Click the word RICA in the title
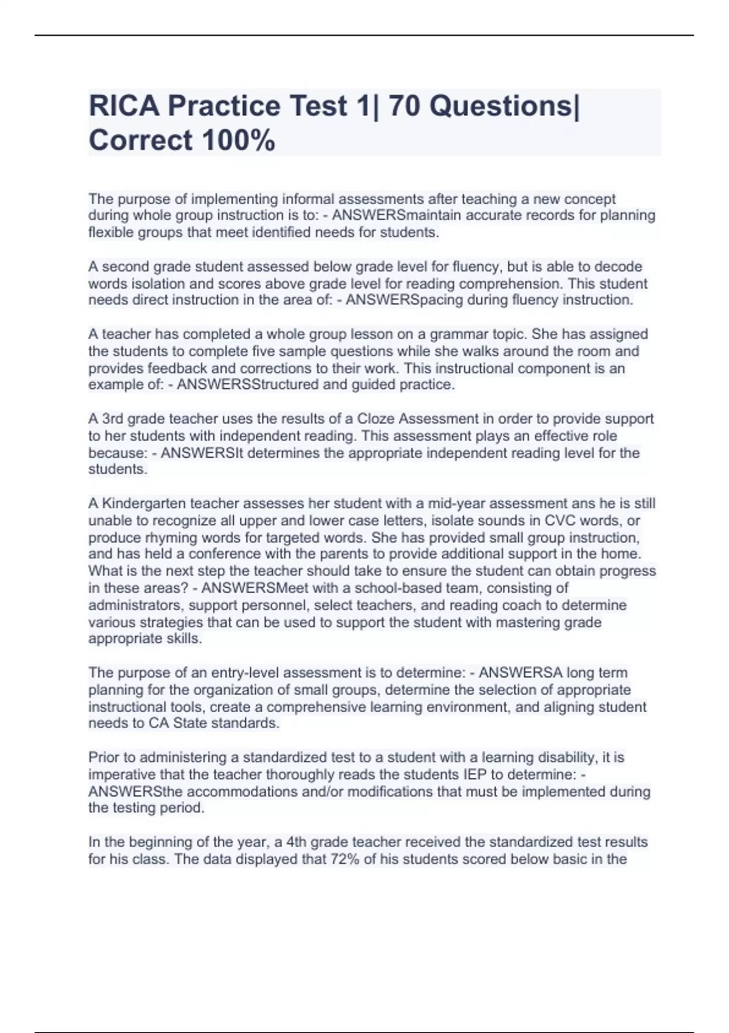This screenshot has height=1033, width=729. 124,106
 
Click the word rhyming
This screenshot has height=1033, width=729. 153,538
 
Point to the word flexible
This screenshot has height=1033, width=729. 109,233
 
